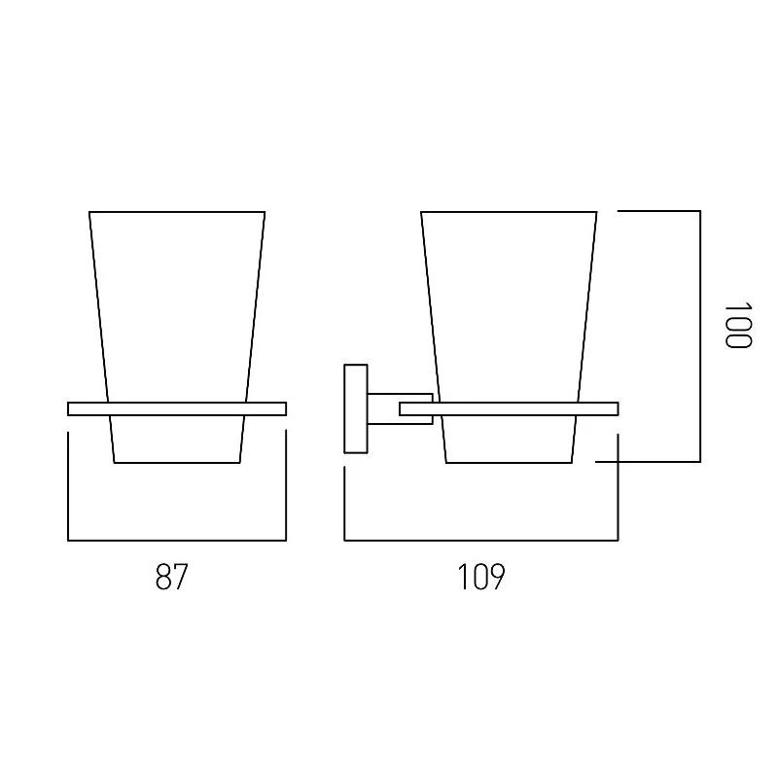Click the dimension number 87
tap(172, 577)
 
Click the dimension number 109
tap(480, 577)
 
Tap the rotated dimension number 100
tap(738, 326)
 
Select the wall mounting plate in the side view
tap(356, 408)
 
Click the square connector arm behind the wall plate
tap(400, 408)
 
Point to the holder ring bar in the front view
tap(177, 408)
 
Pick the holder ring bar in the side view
tap(509, 408)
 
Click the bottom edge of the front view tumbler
tap(177, 463)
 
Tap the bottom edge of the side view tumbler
tap(509, 463)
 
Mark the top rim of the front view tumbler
tap(177, 212)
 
